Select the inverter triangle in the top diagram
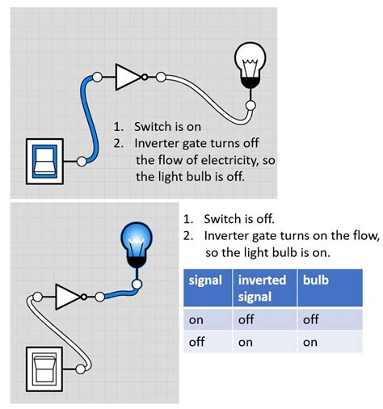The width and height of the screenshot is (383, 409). click(128, 78)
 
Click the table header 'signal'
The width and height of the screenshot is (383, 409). click(205, 280)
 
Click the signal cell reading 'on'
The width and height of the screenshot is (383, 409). click(196, 319)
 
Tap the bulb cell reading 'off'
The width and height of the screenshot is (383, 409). click(313, 319)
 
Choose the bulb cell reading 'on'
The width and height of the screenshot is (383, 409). click(312, 342)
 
